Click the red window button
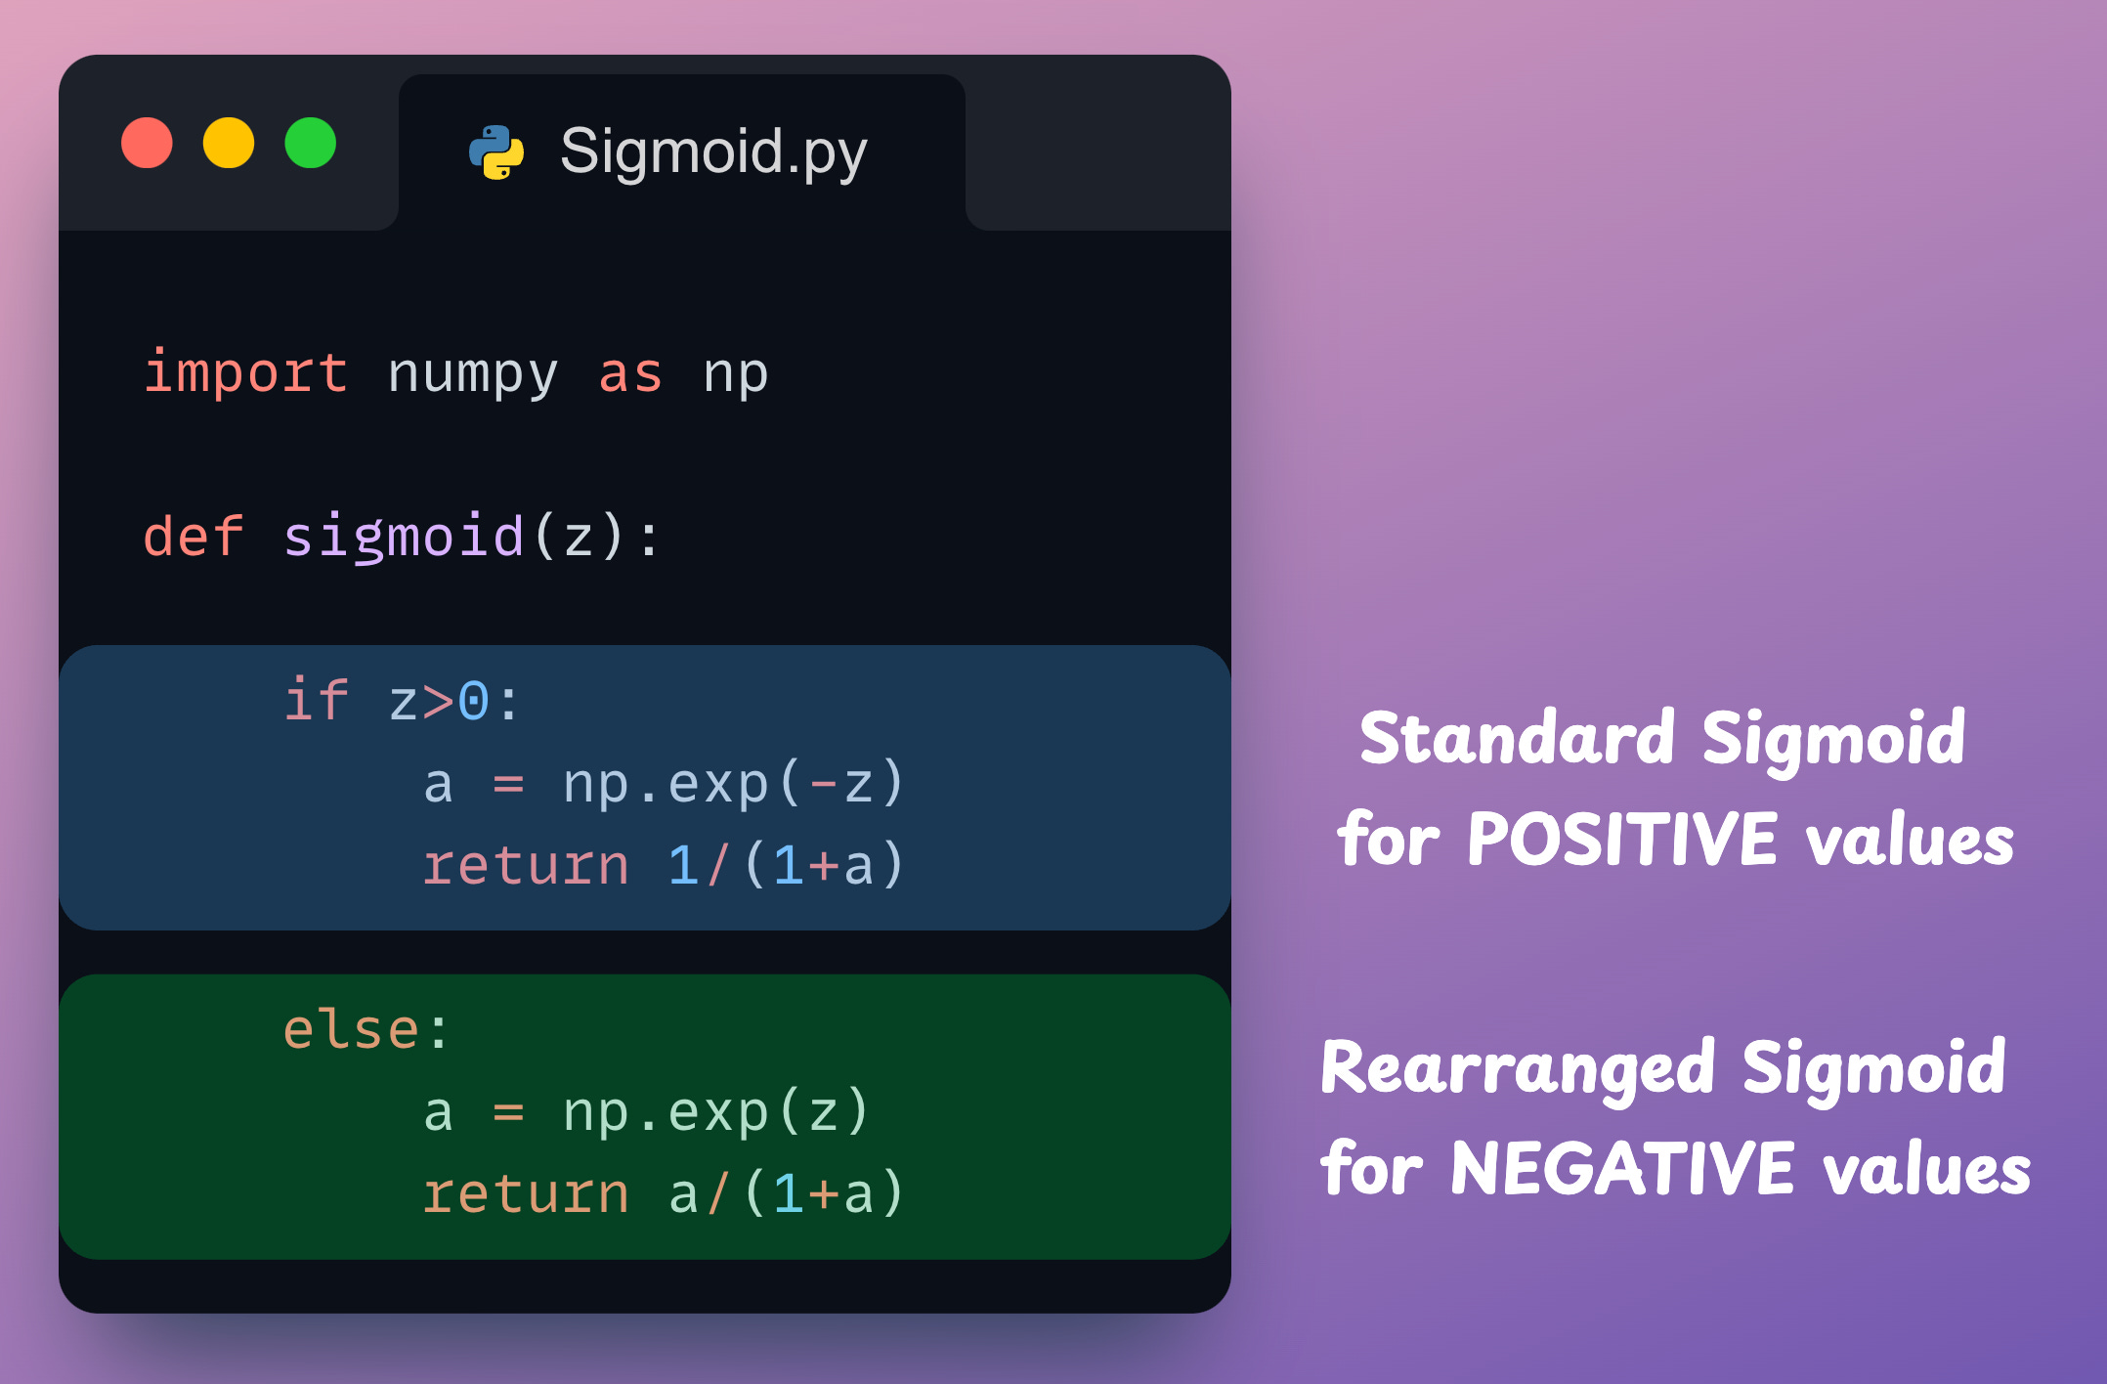point(147,143)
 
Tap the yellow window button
point(229,143)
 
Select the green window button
point(311,143)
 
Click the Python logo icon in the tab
point(496,152)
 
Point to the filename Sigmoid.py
point(712,152)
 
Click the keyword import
point(245,373)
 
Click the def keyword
point(193,537)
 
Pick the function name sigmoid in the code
point(403,537)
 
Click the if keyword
point(316,700)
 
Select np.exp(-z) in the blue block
point(733,784)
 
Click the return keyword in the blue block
point(526,866)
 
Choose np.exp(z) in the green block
point(715,1112)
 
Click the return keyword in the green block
point(526,1194)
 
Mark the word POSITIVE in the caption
point(1621,840)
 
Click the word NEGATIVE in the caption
point(1622,1169)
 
